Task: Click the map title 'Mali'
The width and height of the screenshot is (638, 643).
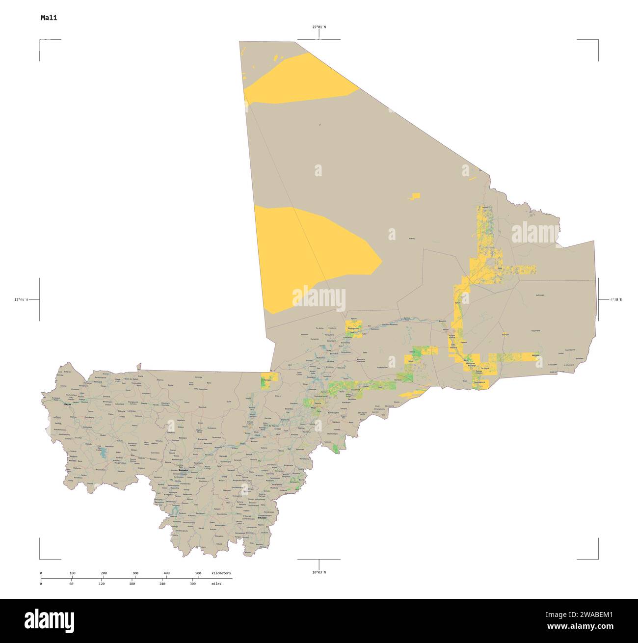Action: tap(49, 18)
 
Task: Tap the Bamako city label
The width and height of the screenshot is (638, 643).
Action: tap(183, 470)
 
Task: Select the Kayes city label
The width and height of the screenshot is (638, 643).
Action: tap(67, 404)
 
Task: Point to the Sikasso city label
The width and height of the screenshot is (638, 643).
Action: tap(262, 518)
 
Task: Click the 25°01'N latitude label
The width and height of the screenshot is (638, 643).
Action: tap(319, 27)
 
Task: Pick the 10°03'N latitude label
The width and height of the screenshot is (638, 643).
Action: tap(319, 572)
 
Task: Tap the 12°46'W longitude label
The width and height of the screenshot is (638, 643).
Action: tap(21, 299)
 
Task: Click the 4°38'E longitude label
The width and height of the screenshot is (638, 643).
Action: tap(616, 299)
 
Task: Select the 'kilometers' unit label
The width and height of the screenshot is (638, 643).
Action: tap(221, 573)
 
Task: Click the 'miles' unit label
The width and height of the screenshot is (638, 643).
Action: tap(216, 584)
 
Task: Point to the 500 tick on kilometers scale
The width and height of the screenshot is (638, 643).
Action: tap(198, 573)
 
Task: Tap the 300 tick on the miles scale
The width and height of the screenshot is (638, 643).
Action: tap(193, 584)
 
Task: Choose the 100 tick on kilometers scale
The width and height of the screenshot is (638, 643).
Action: tap(72, 573)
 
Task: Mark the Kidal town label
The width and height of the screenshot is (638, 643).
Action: tap(500, 268)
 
